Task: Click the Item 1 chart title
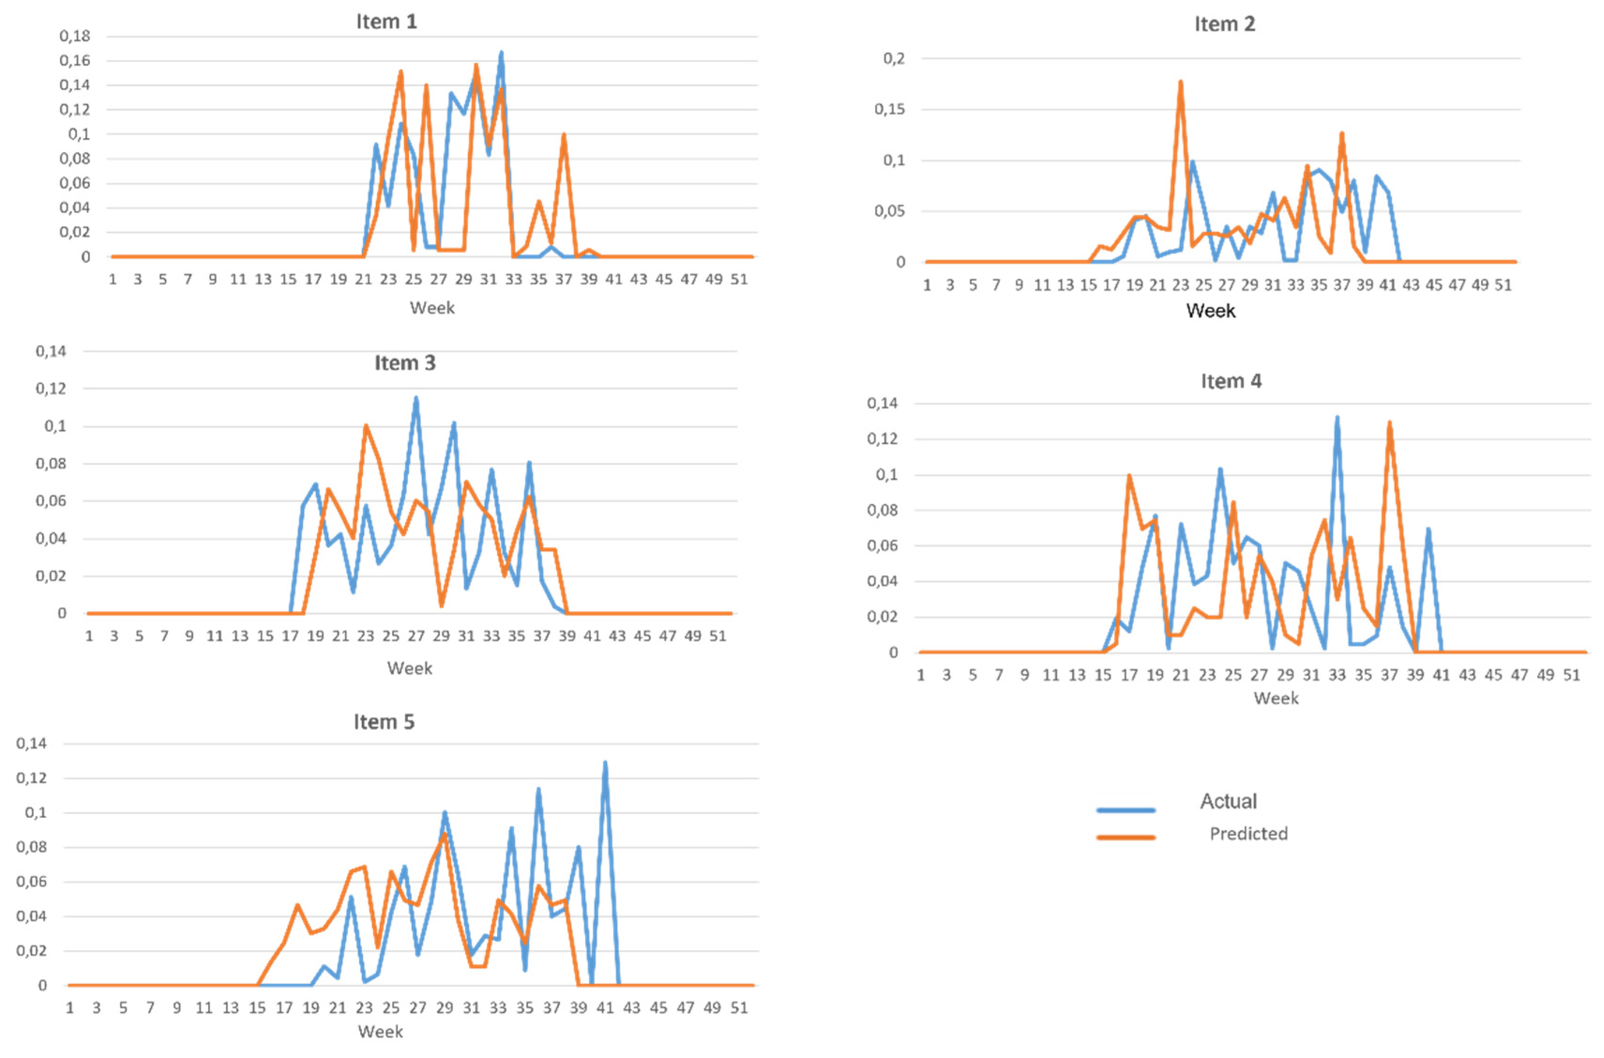click(x=386, y=22)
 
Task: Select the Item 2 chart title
click(x=1224, y=24)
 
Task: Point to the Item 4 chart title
click(x=1230, y=381)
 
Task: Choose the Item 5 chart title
click(x=384, y=722)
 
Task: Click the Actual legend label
click(x=1227, y=801)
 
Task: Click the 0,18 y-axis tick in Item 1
click(x=74, y=36)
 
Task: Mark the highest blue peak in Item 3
click(x=416, y=398)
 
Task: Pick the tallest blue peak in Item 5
click(x=605, y=763)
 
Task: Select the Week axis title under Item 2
click(x=1210, y=311)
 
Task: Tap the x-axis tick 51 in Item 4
click(x=1571, y=675)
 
